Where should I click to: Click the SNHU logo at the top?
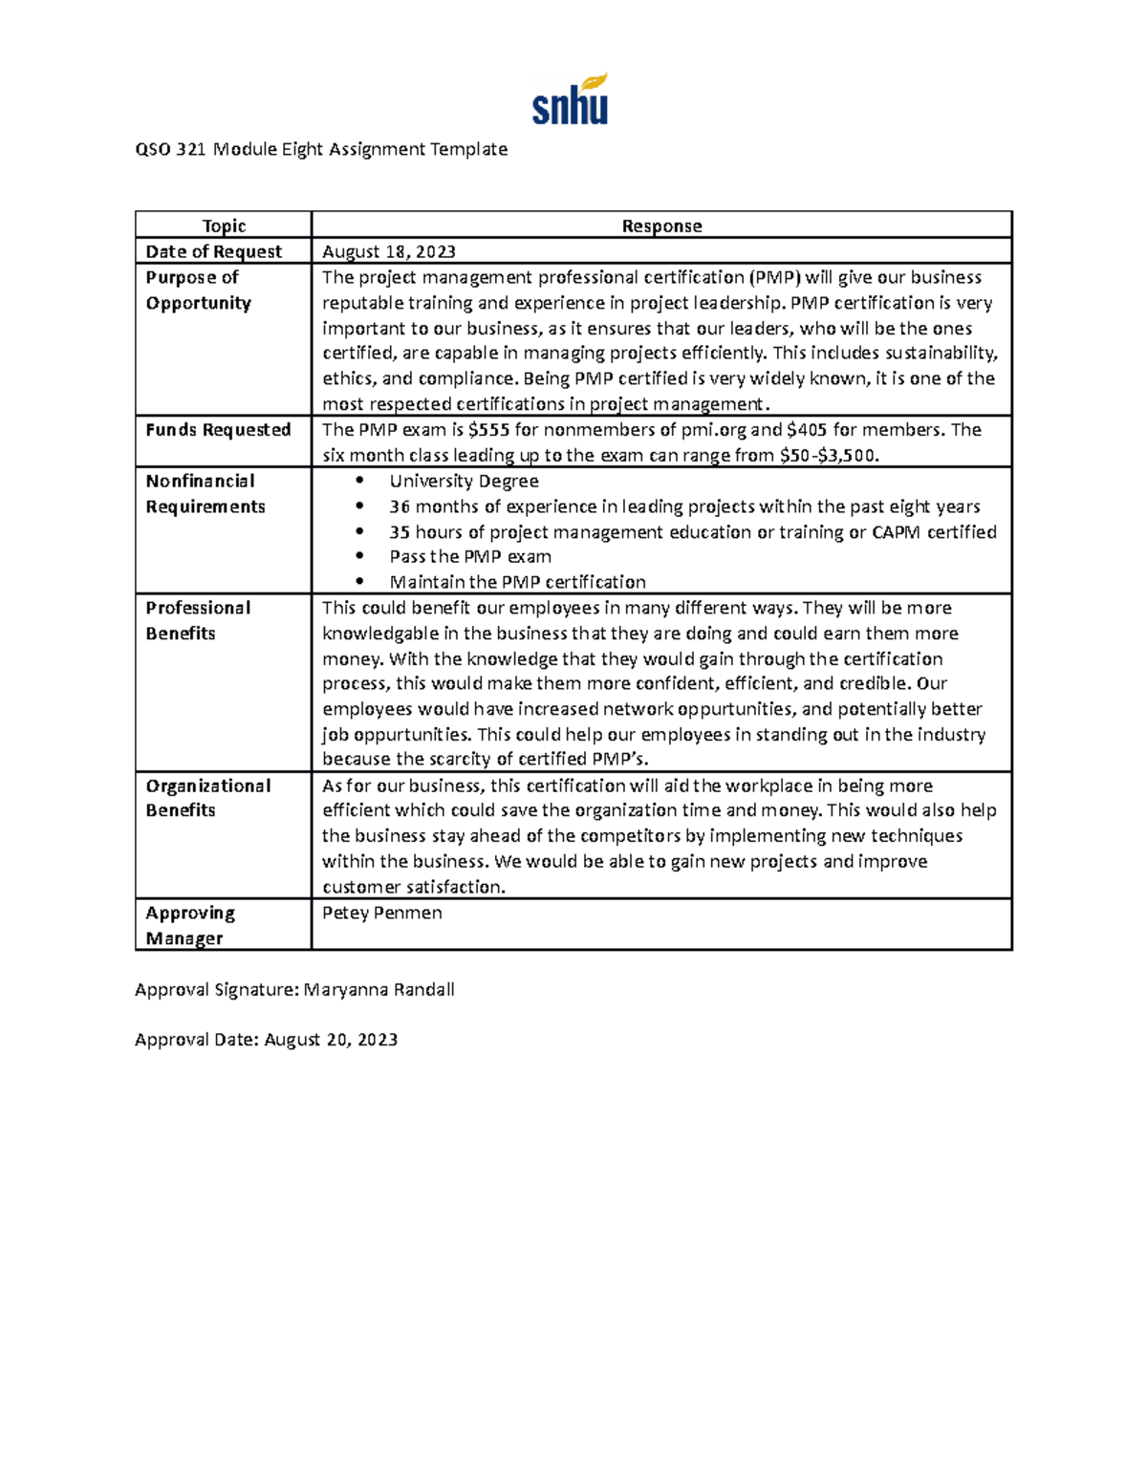(570, 100)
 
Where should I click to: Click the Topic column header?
(224, 226)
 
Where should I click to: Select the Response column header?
(661, 226)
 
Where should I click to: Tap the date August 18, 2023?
(388, 252)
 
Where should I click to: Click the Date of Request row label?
(213, 252)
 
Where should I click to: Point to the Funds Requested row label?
(218, 430)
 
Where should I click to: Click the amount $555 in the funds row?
(488, 430)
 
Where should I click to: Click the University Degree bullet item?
(464, 482)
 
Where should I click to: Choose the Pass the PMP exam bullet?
(469, 557)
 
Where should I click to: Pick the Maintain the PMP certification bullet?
(517, 582)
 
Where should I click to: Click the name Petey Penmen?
(381, 914)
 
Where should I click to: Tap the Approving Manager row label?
(190, 925)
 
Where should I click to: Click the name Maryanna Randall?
(379, 990)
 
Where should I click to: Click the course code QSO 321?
(170, 149)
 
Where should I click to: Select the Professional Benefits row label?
(198, 620)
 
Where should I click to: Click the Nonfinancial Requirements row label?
(205, 494)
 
